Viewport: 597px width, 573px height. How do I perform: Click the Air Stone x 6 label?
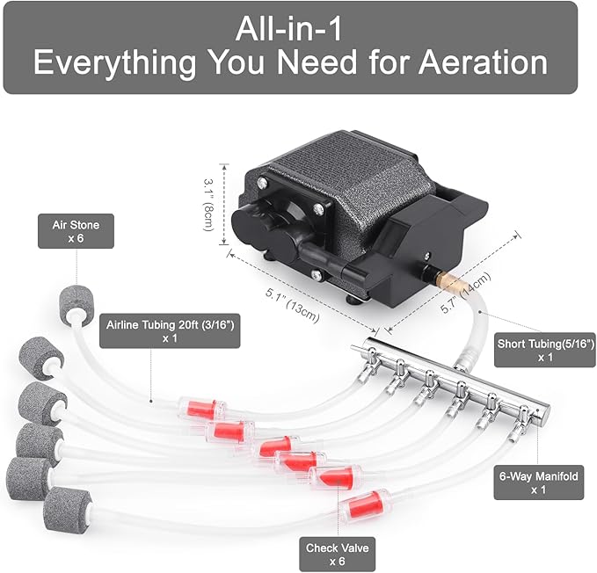76,231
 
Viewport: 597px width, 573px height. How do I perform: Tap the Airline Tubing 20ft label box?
170,330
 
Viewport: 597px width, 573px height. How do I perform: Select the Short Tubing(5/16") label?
545,350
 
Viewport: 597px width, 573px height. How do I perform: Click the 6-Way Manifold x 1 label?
539,482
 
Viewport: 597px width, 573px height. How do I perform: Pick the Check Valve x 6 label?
338,555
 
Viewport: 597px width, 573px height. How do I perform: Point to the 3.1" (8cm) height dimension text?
208,205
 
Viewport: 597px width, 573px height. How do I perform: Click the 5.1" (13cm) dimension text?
293,306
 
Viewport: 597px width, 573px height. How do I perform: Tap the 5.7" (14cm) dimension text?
465,292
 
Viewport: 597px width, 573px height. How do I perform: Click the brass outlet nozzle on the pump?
449,279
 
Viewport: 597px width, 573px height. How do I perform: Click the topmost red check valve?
202,409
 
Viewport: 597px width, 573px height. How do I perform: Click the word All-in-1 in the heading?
289,30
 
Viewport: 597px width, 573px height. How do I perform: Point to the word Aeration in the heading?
484,62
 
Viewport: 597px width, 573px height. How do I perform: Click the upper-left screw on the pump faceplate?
262,183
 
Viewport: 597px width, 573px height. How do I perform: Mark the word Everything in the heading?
115,63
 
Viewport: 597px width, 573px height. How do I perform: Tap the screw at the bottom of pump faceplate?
316,274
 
